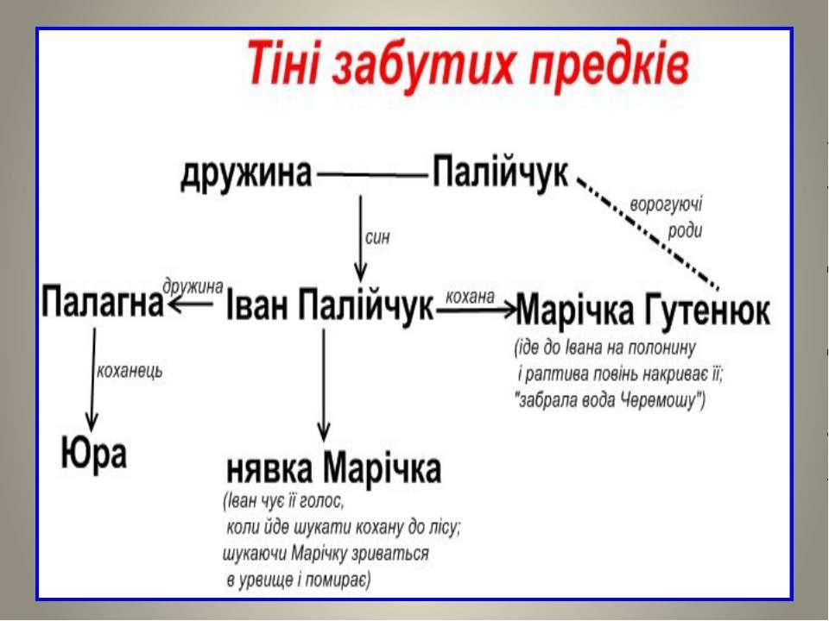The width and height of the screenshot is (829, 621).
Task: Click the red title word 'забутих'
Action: (x=423, y=67)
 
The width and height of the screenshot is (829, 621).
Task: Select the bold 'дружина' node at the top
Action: (x=246, y=174)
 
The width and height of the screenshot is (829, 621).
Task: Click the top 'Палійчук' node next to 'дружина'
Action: (x=501, y=172)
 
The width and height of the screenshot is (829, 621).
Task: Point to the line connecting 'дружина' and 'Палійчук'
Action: (x=372, y=175)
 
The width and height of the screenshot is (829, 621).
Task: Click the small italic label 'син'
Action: (x=377, y=238)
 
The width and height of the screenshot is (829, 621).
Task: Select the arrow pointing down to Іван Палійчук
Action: (x=361, y=239)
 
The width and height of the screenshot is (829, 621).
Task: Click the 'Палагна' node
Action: (x=103, y=302)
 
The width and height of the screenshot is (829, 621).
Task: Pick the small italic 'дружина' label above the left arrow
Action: (x=193, y=286)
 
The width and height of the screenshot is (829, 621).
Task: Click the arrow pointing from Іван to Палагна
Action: (x=190, y=304)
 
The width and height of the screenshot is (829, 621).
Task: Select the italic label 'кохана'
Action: (x=471, y=296)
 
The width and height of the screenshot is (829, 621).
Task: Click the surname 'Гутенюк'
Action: (x=707, y=310)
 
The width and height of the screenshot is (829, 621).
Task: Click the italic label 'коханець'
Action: (x=130, y=371)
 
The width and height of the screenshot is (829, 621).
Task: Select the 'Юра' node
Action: (x=94, y=453)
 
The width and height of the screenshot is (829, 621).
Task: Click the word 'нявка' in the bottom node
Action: (x=269, y=469)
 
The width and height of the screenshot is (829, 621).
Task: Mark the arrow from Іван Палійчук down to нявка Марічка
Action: (x=324, y=385)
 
